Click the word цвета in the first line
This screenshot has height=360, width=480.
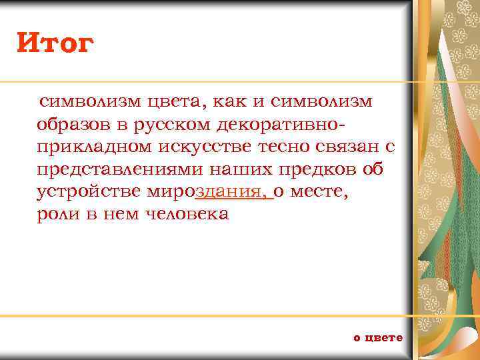pyautogui.click(x=175, y=101)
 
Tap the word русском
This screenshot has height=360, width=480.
pyautogui.click(x=171, y=125)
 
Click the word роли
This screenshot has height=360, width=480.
pyautogui.click(x=55, y=215)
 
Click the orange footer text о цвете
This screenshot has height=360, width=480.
pyautogui.click(x=378, y=337)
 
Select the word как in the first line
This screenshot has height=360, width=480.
pyautogui.click(x=231, y=101)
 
